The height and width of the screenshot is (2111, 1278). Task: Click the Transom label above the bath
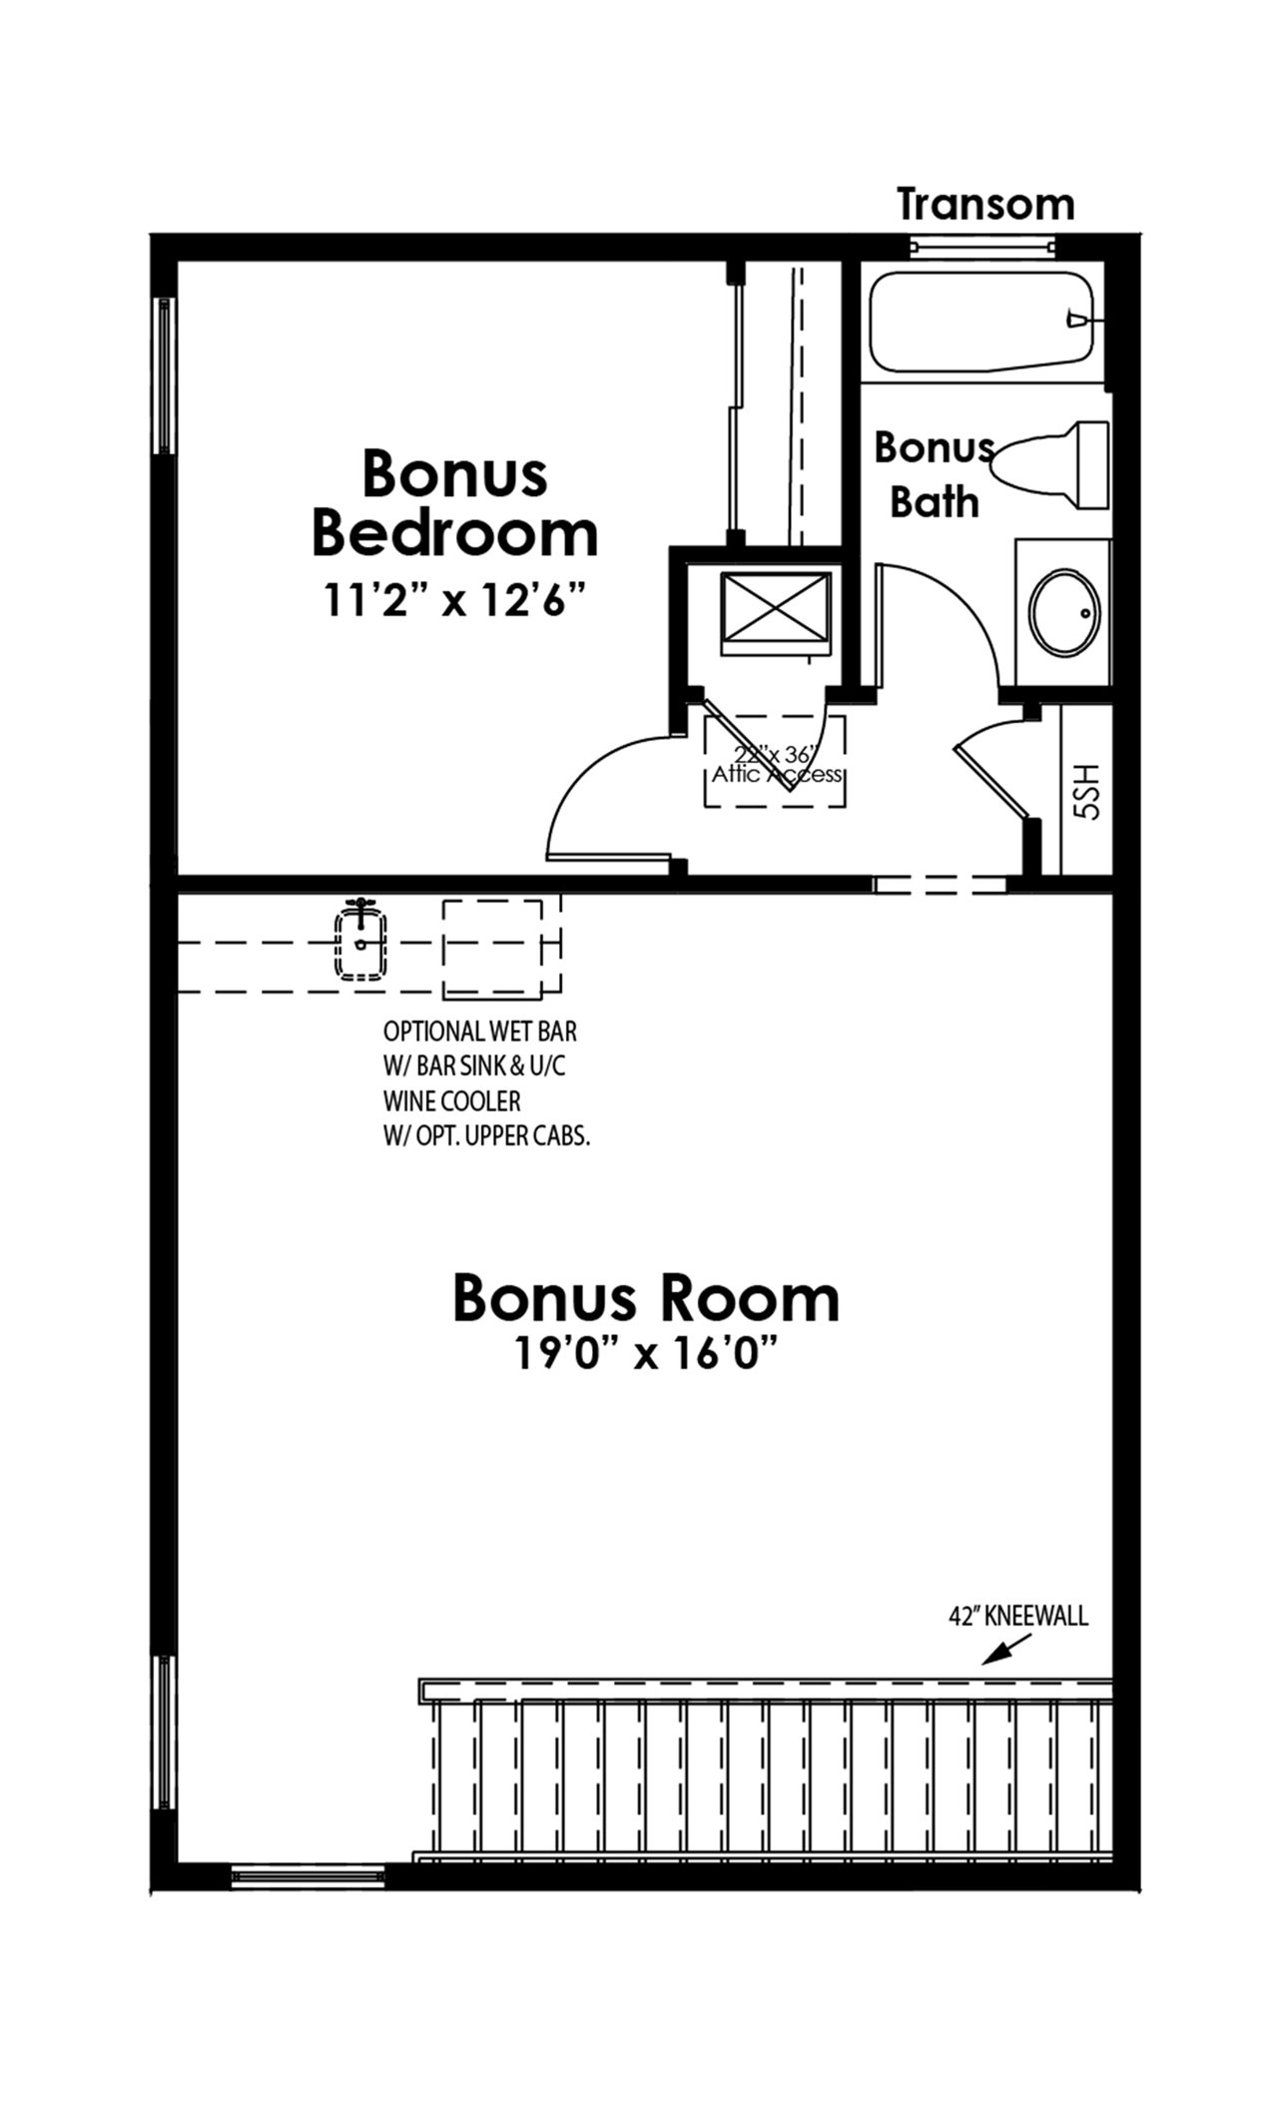pos(985,204)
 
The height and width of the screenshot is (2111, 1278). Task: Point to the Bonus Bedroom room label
pos(455,502)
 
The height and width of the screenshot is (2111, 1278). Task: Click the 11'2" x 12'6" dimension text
pos(453,600)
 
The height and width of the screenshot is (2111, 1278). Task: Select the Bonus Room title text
pos(646,1297)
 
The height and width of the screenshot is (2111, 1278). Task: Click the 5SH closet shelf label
pos(1086,792)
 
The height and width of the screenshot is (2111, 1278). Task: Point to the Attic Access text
pos(776,774)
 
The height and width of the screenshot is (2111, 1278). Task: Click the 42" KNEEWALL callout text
pos(1018,1616)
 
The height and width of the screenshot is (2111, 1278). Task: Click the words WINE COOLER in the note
pos(451,1101)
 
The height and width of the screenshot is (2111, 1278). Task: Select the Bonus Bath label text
pos(935,474)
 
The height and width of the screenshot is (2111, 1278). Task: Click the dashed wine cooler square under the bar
pos(493,948)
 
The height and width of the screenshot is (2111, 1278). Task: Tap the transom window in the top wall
pos(983,246)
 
